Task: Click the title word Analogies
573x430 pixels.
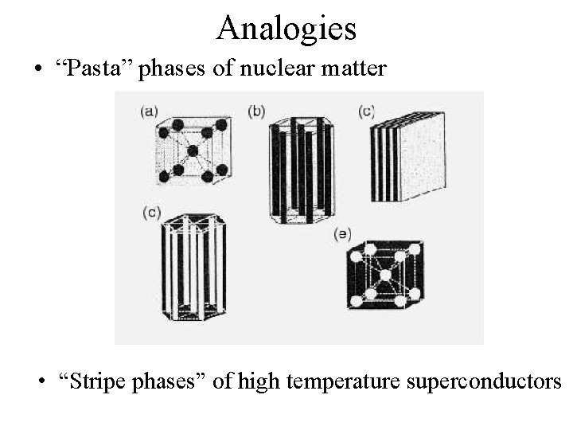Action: pyautogui.click(x=286, y=28)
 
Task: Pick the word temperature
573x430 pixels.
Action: pyautogui.click(x=343, y=381)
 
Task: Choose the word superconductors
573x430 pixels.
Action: pyautogui.click(x=484, y=381)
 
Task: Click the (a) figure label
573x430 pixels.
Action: pyautogui.click(x=148, y=112)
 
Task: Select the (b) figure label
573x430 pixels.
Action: pyautogui.click(x=256, y=111)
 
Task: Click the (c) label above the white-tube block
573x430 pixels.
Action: pyautogui.click(x=153, y=212)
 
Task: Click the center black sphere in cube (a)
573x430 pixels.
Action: pyautogui.click(x=193, y=150)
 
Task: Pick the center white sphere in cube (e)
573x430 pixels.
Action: pyautogui.click(x=385, y=275)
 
